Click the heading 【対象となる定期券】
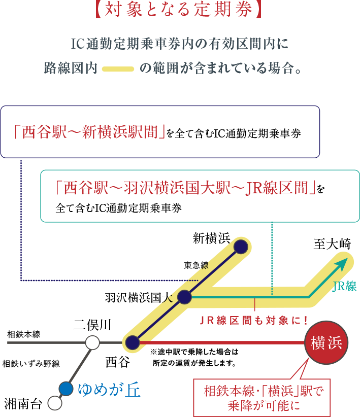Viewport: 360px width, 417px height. [180, 12]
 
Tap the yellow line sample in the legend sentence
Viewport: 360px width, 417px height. [118, 68]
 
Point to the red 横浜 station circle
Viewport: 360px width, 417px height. [326, 342]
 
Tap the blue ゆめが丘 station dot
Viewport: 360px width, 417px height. [66, 389]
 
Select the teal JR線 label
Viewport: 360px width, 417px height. [345, 286]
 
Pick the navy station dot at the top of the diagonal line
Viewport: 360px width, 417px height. [241, 247]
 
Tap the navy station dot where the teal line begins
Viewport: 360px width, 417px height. [184, 297]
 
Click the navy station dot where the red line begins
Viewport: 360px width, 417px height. [133, 343]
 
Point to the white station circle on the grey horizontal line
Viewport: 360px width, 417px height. [92, 343]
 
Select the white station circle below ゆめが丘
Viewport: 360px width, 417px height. [54, 403]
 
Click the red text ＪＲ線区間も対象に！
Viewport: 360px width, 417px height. [254, 320]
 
